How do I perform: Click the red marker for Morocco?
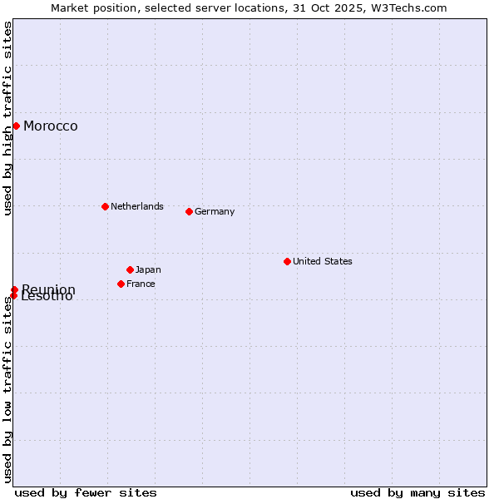click(x=16, y=126)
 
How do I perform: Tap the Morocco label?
click(x=51, y=126)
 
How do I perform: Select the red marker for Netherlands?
click(x=105, y=206)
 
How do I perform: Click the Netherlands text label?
click(x=137, y=206)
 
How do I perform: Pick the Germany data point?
click(x=189, y=211)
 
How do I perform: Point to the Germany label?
click(x=215, y=211)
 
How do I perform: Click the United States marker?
click(x=287, y=261)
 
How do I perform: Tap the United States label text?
click(x=323, y=261)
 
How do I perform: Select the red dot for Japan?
click(x=130, y=269)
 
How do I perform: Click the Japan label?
click(x=148, y=269)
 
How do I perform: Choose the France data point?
click(x=121, y=284)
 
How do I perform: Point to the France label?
click(x=141, y=284)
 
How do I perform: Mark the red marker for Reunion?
click(x=14, y=289)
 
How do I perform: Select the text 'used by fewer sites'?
click(x=86, y=492)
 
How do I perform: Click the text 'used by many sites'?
click(x=417, y=492)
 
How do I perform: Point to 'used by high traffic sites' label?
click(x=7, y=118)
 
